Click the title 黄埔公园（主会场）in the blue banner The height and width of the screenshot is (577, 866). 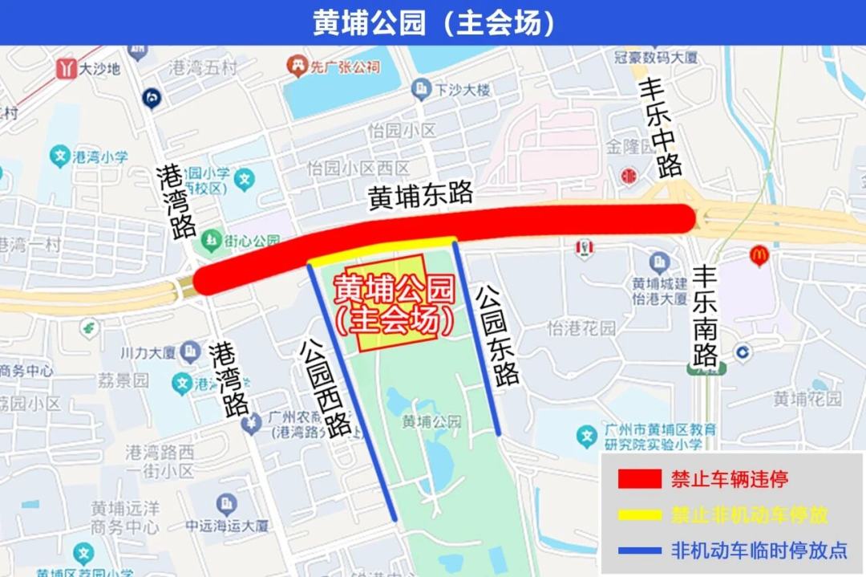433,22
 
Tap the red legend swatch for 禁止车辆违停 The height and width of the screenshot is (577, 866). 639,480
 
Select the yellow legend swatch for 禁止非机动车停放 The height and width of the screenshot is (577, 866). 639,514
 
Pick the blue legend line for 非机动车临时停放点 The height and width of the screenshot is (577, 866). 639,551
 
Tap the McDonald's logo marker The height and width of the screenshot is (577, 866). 759,255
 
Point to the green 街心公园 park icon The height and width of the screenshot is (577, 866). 212,239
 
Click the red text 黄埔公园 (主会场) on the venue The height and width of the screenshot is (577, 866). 394,305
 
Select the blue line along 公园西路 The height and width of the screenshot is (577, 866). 353,393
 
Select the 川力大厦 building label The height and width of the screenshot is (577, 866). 148,351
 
